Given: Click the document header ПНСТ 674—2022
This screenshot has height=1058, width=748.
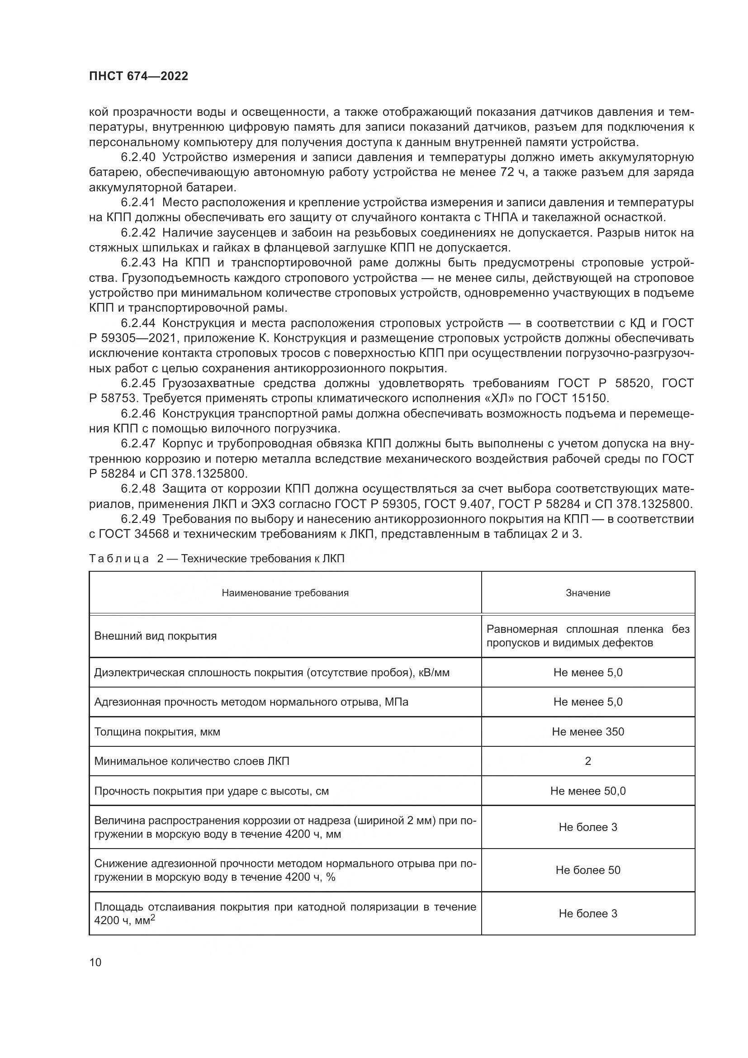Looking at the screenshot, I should click(139, 76).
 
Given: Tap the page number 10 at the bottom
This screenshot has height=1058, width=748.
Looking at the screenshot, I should click(95, 962).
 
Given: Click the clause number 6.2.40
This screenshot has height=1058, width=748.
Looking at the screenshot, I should click(138, 157).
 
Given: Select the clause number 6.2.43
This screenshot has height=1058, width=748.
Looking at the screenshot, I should click(138, 263).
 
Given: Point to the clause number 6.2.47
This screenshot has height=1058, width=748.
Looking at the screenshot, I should click(138, 444).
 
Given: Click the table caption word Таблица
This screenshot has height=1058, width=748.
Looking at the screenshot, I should click(119, 559).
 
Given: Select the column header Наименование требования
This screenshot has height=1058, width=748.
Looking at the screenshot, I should click(285, 593).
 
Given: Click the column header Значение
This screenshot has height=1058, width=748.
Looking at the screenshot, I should click(588, 593).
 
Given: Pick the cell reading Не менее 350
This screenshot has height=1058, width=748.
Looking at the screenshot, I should click(588, 732).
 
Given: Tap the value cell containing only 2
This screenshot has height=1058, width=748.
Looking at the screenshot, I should click(588, 761).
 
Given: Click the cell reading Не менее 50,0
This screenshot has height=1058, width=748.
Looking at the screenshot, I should click(588, 791).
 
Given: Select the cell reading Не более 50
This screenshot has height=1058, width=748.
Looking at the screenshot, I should click(588, 870).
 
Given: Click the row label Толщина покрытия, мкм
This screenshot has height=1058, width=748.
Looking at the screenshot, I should click(157, 732).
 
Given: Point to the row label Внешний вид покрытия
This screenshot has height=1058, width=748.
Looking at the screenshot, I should click(155, 636).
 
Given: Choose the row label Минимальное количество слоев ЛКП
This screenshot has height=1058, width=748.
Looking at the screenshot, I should click(192, 761).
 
